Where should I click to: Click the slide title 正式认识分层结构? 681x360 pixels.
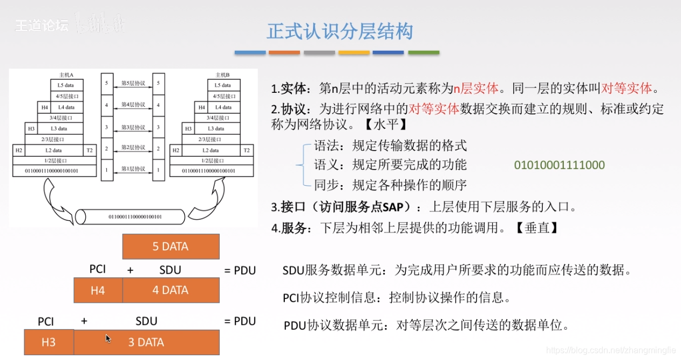pos(340,31)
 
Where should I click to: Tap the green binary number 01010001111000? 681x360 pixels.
pos(559,165)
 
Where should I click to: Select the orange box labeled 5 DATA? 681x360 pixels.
pos(171,247)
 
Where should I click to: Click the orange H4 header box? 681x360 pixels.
pos(98,290)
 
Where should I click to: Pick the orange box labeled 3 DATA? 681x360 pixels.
pos(146,342)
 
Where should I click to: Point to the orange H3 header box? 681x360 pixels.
pos(49,342)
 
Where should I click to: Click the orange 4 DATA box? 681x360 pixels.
pos(171,290)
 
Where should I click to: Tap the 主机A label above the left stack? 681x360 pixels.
pos(66,74)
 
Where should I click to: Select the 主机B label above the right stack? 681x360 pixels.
pos(222,74)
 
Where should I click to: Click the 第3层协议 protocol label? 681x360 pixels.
pos(133,127)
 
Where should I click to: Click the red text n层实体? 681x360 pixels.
pos(475,89)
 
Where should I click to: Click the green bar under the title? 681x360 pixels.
pos(424,53)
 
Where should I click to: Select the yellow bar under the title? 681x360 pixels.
pos(354,53)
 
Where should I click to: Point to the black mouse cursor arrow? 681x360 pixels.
pos(108,338)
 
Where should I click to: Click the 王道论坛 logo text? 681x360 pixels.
pos(42,25)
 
